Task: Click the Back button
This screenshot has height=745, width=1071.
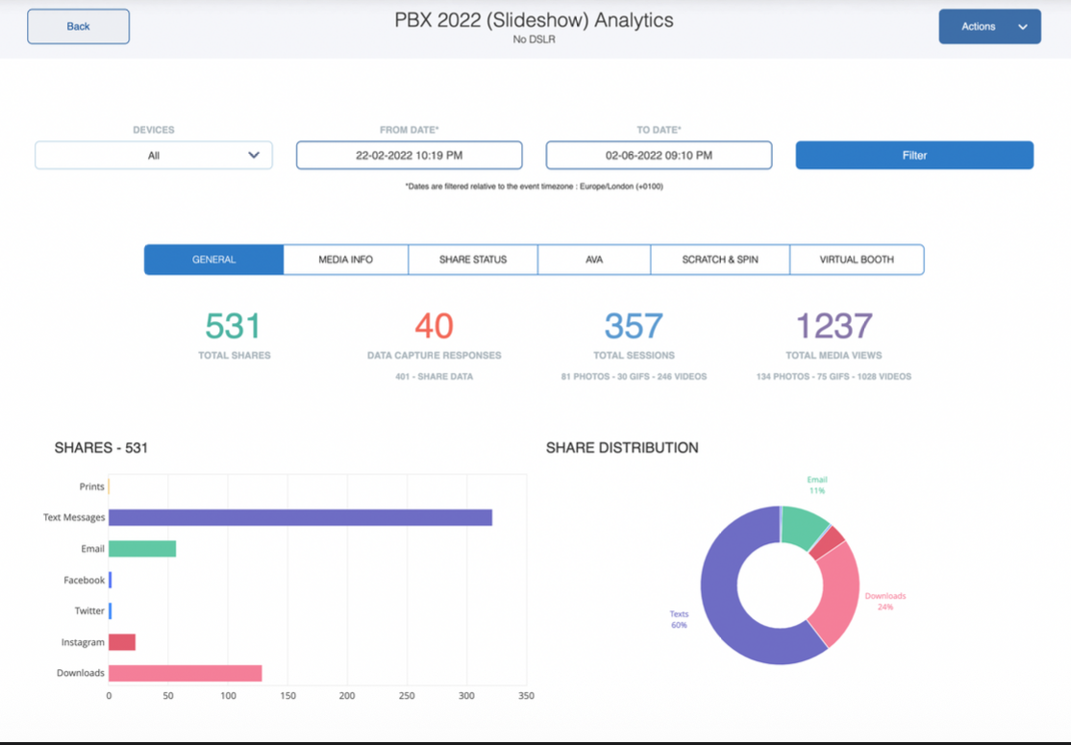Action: [x=78, y=27]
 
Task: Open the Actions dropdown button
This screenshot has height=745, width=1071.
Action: [x=989, y=27]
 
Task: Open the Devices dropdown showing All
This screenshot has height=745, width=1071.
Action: [x=154, y=155]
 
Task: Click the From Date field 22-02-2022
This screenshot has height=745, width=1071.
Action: [x=409, y=155]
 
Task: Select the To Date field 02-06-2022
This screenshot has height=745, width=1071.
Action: [x=659, y=155]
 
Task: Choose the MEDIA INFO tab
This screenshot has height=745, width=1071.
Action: [x=345, y=260]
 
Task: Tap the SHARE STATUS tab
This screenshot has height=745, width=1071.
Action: [x=472, y=260]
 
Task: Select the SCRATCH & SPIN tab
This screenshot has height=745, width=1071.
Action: [x=719, y=260]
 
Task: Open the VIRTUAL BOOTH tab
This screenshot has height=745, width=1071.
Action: [x=856, y=260]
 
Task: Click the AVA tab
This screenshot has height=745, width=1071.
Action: [x=593, y=260]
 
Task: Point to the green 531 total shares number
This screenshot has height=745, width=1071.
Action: [x=233, y=327]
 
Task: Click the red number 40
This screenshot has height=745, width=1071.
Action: [x=434, y=327]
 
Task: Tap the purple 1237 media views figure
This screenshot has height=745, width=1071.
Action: [x=834, y=327]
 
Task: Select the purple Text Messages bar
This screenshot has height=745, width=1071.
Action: [x=300, y=517]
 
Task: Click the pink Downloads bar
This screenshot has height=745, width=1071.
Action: [x=185, y=673]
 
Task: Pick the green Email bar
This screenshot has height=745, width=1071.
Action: [x=142, y=549]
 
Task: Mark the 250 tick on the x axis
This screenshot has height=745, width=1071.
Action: [x=408, y=695]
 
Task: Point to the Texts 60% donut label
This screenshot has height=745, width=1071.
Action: [x=679, y=619]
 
